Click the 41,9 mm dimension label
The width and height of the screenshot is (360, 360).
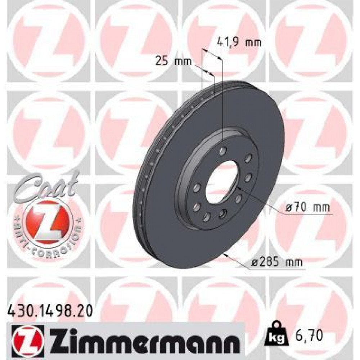point(239,43)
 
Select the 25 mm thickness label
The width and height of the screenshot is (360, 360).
point(170,62)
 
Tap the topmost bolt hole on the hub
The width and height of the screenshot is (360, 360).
point(223,150)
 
